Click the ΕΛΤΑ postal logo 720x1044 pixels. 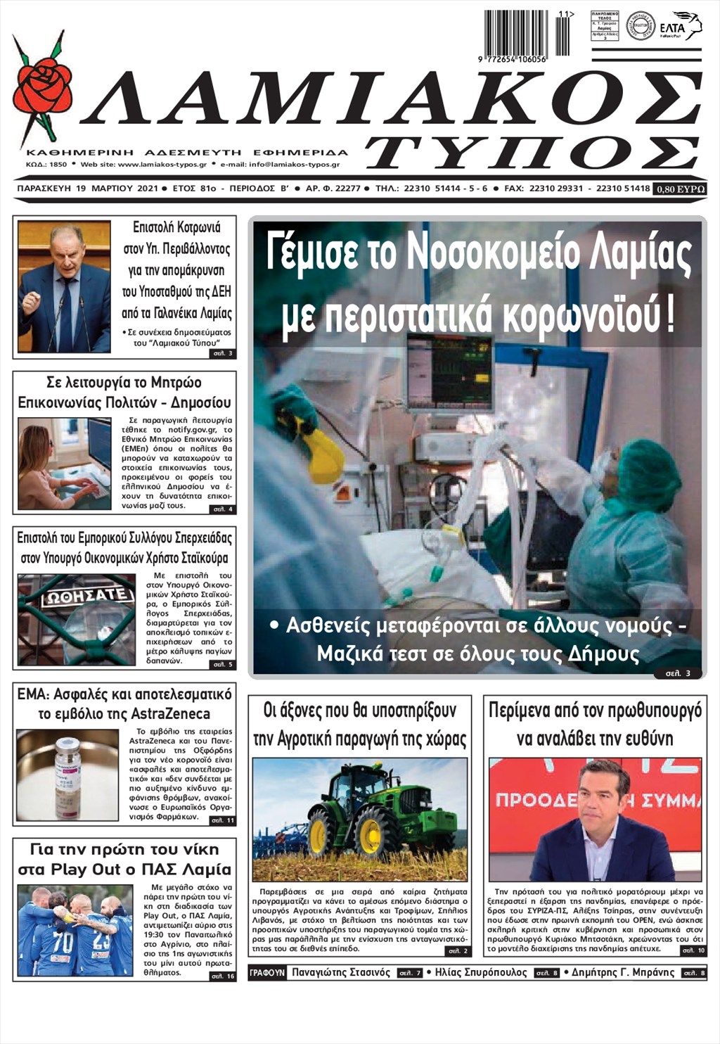click(x=680, y=26)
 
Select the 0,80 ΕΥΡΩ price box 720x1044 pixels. click(x=680, y=189)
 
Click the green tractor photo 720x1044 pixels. click(x=359, y=820)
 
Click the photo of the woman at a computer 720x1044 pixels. click(x=64, y=464)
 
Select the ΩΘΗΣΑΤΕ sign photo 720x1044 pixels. click(x=76, y=620)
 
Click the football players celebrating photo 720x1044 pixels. click(x=75, y=931)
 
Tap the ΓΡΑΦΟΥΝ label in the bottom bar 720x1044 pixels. click(x=267, y=973)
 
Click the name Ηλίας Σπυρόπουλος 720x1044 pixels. click(x=481, y=973)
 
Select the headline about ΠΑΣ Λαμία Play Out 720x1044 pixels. click(x=124, y=859)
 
